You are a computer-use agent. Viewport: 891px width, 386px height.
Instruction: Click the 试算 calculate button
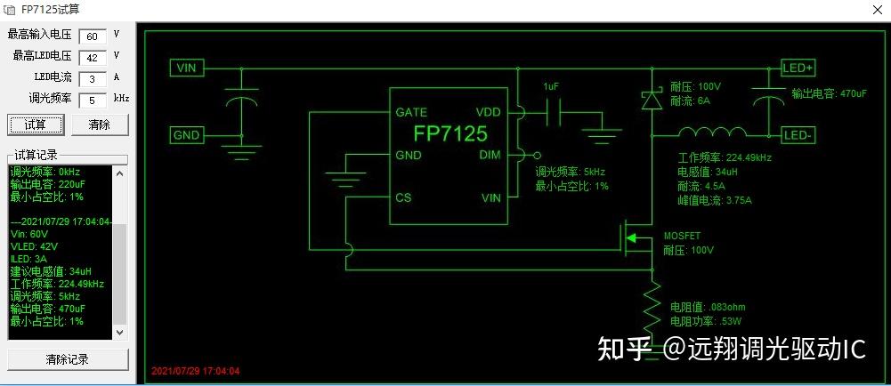pos(35,125)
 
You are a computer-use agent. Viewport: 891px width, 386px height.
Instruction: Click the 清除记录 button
pos(67,359)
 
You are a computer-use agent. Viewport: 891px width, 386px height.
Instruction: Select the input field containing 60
pos(92,36)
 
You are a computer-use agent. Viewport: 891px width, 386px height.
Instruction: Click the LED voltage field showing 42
pos(92,57)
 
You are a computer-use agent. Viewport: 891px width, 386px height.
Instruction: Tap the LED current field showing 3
pos(92,78)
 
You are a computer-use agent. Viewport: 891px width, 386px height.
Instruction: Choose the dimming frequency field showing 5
pos(92,100)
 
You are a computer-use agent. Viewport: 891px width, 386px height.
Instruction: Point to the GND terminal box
pos(187,135)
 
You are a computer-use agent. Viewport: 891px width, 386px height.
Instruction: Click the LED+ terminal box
pos(798,68)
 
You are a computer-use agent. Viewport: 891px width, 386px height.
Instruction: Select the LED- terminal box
pos(798,135)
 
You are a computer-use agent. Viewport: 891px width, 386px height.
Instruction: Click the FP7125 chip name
pos(450,133)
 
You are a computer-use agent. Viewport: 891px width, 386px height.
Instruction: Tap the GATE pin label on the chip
pos(411,112)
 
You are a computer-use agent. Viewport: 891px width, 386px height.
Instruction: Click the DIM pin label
pos(490,154)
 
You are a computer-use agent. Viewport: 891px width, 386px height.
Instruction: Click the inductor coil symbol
pos(713,133)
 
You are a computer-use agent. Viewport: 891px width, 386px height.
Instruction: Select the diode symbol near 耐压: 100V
pos(652,100)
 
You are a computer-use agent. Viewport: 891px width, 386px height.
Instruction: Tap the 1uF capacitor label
pos(552,87)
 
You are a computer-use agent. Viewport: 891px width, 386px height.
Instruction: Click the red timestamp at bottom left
pos(196,371)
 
